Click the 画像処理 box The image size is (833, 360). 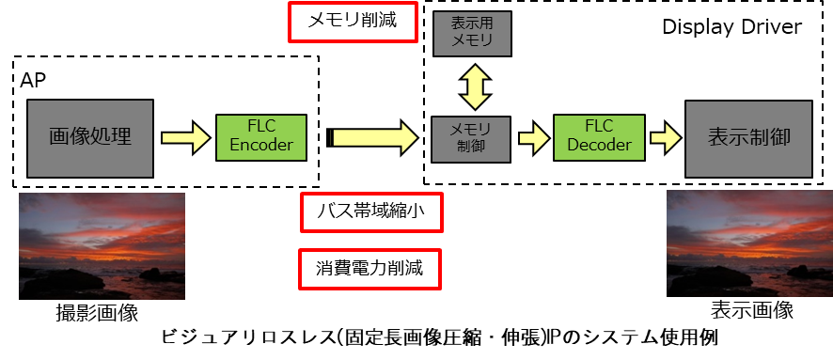pyautogui.click(x=90, y=138)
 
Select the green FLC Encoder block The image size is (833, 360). pyautogui.click(x=260, y=137)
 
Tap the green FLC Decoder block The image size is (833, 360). pyautogui.click(x=599, y=137)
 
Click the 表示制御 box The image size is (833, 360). pyautogui.click(x=748, y=138)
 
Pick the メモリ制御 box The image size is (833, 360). pyautogui.click(x=471, y=138)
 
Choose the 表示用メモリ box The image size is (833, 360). pyautogui.click(x=472, y=34)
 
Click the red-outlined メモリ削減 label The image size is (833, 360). pyautogui.click(x=353, y=22)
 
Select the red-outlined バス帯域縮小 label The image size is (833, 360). pyautogui.click(x=371, y=211)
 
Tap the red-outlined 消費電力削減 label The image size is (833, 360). pyautogui.click(x=370, y=269)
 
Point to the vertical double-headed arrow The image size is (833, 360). pyautogui.click(x=472, y=86)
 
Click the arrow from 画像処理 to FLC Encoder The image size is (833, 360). pyautogui.click(x=185, y=138)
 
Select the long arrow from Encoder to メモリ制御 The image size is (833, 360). pyautogui.click(x=373, y=138)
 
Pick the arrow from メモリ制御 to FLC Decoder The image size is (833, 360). pyautogui.click(x=533, y=138)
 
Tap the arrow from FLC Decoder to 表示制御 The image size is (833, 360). pyautogui.click(x=666, y=138)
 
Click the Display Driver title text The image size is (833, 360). pyautogui.click(x=731, y=27)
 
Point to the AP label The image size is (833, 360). pyautogui.click(x=33, y=81)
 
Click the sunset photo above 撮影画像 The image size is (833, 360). pyautogui.click(x=102, y=246)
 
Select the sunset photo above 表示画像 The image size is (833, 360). pyautogui.click(x=749, y=243)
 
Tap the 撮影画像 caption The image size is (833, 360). pyautogui.click(x=97, y=313)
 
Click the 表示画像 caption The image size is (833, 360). pyautogui.click(x=752, y=309)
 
